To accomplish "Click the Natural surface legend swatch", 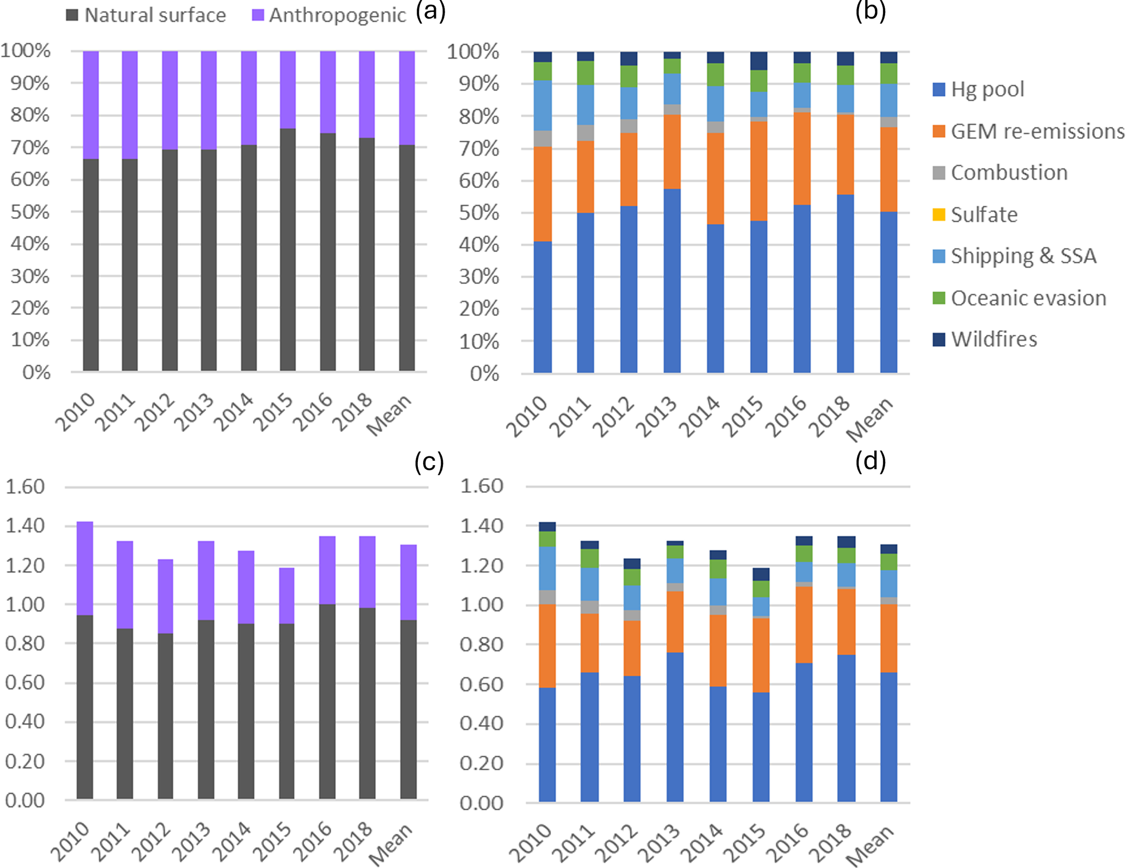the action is click(x=72, y=15).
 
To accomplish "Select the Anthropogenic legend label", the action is click(x=338, y=15).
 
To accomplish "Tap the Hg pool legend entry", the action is click(x=978, y=89).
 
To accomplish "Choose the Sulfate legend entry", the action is click(x=975, y=215).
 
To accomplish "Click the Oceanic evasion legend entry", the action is click(x=1019, y=298).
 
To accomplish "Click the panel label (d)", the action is click(x=871, y=461).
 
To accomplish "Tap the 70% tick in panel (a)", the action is click(x=30, y=148).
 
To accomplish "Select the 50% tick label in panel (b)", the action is click(x=479, y=213).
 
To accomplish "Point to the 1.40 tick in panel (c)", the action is click(x=25, y=526).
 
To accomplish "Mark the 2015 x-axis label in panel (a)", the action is click(x=273, y=411).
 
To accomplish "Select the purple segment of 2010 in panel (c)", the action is click(x=85, y=569).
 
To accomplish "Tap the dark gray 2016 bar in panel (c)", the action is click(x=327, y=702).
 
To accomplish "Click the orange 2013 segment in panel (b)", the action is click(x=672, y=152).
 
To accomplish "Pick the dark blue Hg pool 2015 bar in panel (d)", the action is click(x=761, y=747).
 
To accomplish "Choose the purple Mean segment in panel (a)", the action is click(x=407, y=98).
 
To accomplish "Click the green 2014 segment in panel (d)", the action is click(x=718, y=569).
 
